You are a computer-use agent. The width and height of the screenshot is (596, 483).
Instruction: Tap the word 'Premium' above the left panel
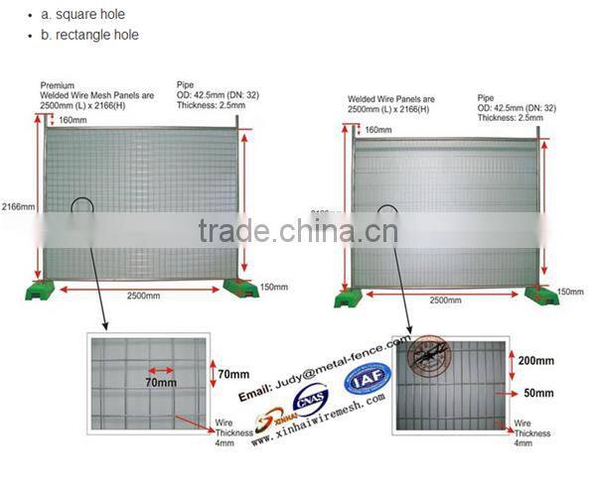coord(58,86)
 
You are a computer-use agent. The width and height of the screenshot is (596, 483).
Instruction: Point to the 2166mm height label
coord(17,208)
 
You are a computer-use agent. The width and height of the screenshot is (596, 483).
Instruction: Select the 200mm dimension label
coord(536,361)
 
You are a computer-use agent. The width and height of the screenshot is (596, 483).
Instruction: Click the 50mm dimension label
coord(535,394)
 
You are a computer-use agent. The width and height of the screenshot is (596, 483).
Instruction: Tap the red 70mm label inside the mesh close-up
coord(155,381)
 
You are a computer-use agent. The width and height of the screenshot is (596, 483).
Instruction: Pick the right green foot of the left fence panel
coord(239,288)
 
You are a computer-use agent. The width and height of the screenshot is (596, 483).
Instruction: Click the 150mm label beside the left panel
coord(273,288)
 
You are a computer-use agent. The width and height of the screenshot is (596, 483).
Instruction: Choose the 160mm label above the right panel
coord(377,130)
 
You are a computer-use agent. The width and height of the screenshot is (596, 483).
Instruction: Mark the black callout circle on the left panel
coord(81,211)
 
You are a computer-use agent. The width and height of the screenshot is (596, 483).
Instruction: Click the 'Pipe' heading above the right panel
coord(486,98)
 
